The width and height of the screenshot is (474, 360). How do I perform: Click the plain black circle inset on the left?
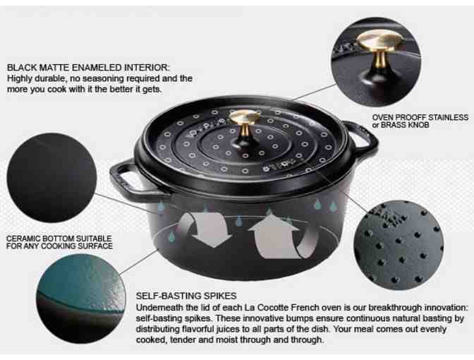click(51, 178)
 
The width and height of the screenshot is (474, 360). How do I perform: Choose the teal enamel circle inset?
click(80, 299)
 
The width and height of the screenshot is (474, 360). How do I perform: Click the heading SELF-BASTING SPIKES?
click(186, 296)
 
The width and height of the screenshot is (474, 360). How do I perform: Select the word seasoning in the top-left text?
click(103, 78)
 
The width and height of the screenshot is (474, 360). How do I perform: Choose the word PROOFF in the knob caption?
click(415, 117)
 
